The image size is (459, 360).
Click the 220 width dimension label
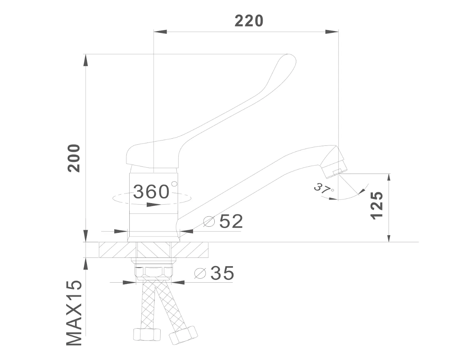[249, 21]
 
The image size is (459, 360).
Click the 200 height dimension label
[74, 158]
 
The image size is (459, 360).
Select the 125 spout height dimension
[377, 205]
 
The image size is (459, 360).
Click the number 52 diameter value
[231, 221]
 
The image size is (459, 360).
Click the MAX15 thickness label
[74, 313]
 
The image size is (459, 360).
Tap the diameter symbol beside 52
[209, 222]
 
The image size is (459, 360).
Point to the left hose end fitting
[146, 334]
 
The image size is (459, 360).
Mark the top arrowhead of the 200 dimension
[86, 61]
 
